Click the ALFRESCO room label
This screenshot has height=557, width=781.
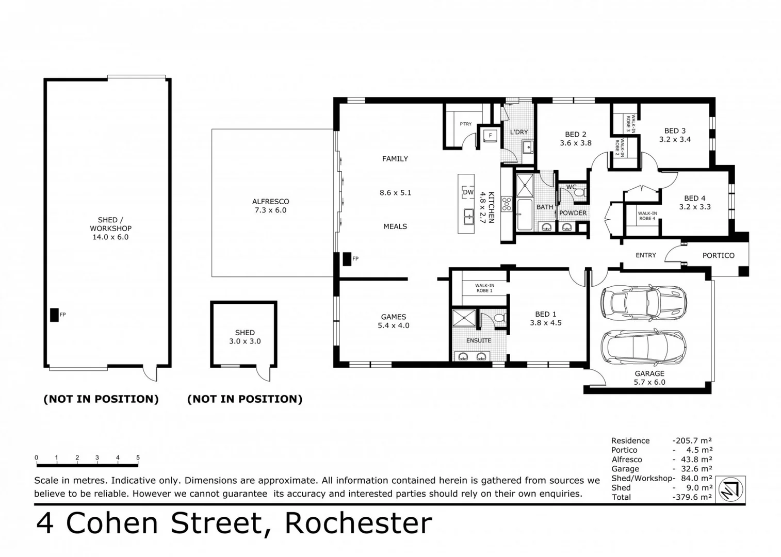coord(270,202)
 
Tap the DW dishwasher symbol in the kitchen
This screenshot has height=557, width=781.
coord(468,192)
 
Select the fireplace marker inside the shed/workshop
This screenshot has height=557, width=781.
coord(54,315)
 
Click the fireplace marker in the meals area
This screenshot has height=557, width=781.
coord(347,259)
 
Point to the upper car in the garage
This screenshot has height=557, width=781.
coord(644,302)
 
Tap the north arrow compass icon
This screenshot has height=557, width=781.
coord(731,489)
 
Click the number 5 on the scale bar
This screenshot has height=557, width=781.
coord(138,457)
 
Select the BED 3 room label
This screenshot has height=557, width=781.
coord(675,131)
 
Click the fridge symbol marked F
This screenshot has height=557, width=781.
coord(490,136)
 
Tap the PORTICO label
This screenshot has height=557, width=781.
coord(718,255)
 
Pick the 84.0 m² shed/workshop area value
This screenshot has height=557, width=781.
coord(696,478)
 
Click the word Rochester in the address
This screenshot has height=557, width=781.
coord(358,523)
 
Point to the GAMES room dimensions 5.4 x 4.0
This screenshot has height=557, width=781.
coord(394,325)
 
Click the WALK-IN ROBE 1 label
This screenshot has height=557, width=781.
coord(484,288)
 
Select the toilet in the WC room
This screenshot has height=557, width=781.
coord(579,193)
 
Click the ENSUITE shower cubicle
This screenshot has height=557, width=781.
coord(464,318)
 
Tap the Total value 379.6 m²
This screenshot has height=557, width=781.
coord(693,497)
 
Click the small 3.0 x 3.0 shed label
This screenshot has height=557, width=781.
coord(245,341)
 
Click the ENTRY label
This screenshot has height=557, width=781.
coord(646,255)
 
